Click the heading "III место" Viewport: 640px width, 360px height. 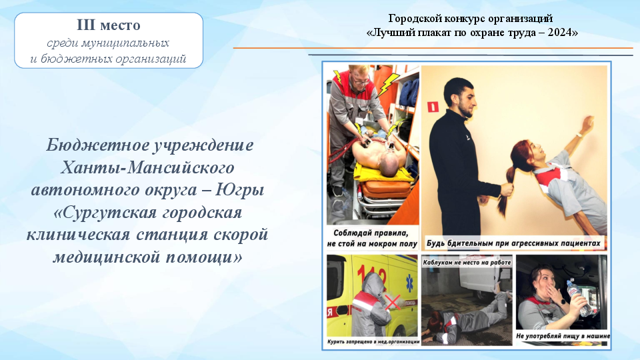click(x=109, y=25)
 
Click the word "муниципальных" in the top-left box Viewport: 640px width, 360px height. click(x=125, y=43)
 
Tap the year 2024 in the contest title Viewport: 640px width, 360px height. click(x=560, y=32)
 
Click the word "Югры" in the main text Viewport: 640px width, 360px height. click(x=240, y=190)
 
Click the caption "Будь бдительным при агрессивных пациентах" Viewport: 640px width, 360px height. click(x=513, y=243)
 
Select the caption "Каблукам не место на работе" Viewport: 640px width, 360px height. click(x=467, y=263)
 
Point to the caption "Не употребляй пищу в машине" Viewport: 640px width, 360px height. click(x=563, y=336)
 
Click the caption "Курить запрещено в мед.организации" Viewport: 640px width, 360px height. click(x=373, y=341)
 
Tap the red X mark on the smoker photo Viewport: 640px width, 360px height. click(x=393, y=303)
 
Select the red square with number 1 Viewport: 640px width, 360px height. click(x=433, y=107)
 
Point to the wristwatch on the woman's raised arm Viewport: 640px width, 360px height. click(x=579, y=135)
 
